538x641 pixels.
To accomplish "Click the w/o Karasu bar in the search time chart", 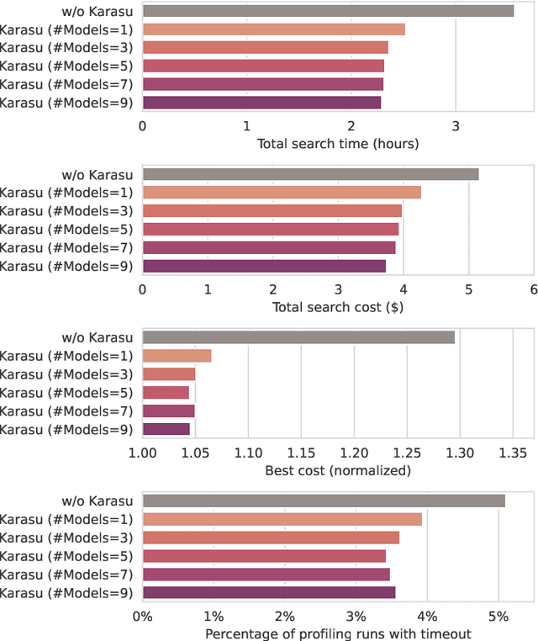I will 328,11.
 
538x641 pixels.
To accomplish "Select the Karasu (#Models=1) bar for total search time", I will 273,29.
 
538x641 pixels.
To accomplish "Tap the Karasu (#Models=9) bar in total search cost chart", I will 264,266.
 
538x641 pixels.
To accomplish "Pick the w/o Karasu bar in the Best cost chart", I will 298,337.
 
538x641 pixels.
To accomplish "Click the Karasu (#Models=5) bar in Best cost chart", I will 166,392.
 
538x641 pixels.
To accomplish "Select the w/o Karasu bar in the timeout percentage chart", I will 324,501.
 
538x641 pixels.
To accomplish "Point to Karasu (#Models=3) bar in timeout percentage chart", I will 271,538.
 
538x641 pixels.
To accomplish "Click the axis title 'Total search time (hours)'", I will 338,144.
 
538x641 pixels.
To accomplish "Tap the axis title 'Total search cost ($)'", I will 338,307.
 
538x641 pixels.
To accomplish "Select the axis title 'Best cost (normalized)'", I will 338,470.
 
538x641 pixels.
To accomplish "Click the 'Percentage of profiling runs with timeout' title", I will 338,633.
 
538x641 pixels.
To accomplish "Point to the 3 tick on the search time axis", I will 456,125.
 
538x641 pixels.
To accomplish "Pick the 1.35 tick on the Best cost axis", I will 512,452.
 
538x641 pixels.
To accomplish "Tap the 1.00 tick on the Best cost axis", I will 142,452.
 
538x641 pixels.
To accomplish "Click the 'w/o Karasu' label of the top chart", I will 98,11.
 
